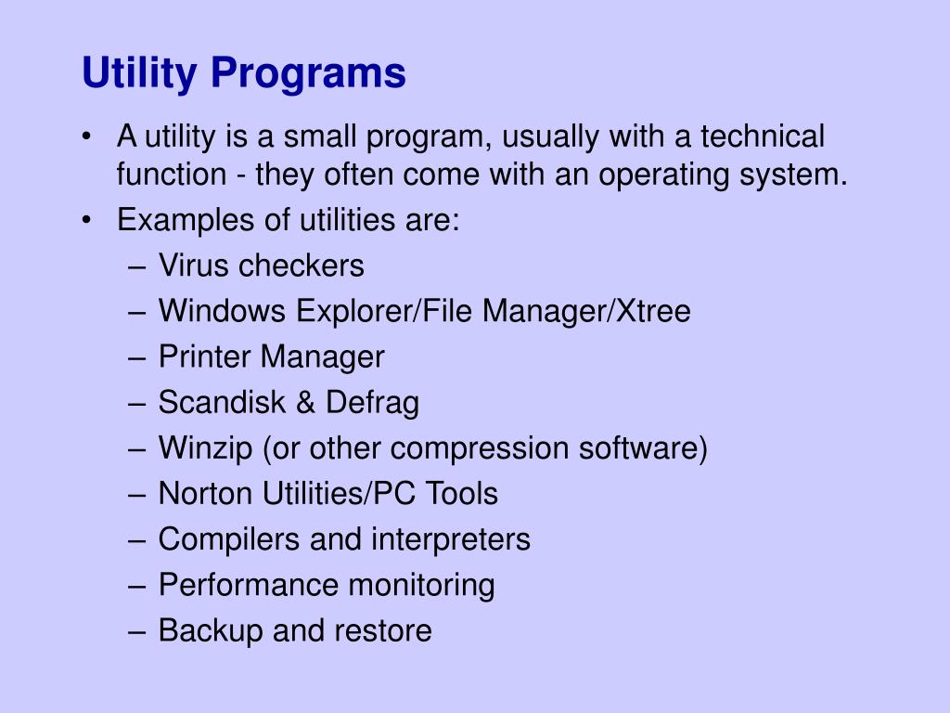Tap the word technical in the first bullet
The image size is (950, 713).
click(762, 137)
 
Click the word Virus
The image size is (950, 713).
click(194, 266)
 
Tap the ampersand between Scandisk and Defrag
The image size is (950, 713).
click(305, 402)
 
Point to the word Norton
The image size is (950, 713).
click(206, 493)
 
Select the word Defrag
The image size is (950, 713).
click(372, 402)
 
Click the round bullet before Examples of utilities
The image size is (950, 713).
click(87, 222)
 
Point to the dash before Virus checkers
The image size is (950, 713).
click(137, 266)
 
